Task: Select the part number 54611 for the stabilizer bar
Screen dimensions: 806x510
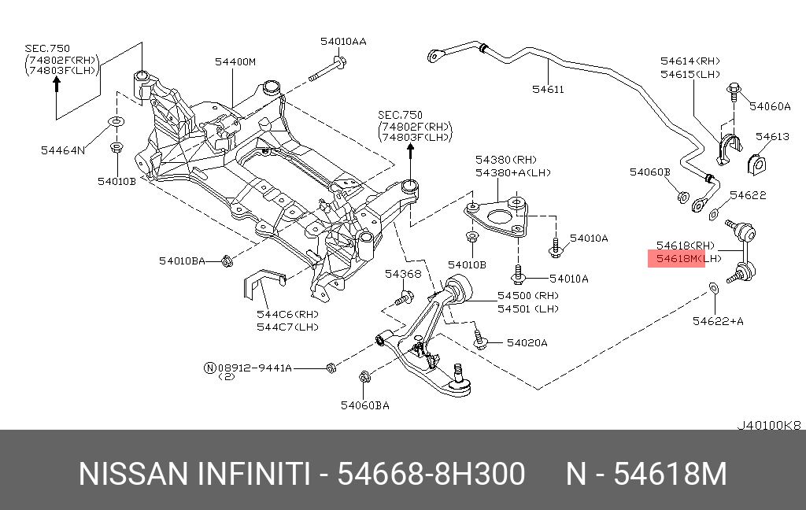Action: (x=548, y=89)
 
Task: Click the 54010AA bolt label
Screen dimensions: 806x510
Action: (x=343, y=41)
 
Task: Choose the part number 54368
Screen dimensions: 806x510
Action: (x=403, y=274)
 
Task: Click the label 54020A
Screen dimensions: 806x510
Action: (x=527, y=342)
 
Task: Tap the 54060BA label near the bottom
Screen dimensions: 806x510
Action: (x=364, y=405)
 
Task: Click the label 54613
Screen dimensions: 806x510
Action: (x=772, y=136)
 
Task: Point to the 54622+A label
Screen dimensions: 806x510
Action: (x=718, y=320)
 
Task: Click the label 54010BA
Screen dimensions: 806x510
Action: (x=182, y=260)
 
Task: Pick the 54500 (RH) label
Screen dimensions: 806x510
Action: (x=527, y=296)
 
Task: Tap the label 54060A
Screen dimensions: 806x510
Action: (x=769, y=106)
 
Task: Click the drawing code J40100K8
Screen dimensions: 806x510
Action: (x=769, y=425)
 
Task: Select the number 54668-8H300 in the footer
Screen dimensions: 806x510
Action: (x=431, y=475)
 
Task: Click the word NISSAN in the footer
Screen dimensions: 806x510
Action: (x=133, y=475)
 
